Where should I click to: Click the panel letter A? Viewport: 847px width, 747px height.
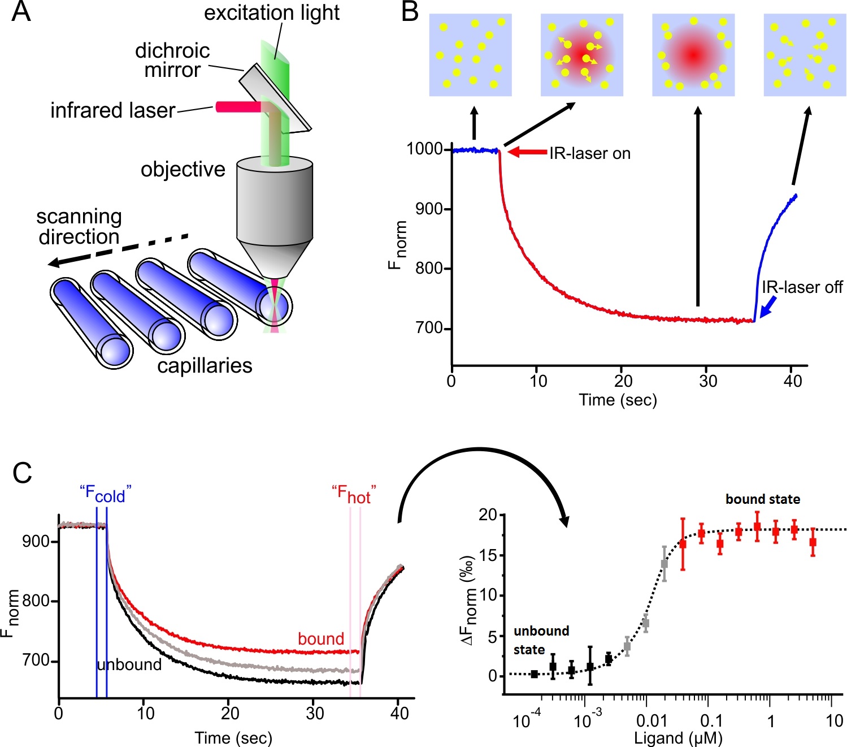(21, 12)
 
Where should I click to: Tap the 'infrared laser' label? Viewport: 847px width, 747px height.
(112, 110)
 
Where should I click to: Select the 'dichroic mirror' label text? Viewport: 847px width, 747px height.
(172, 60)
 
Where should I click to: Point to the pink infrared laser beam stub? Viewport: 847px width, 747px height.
(237, 107)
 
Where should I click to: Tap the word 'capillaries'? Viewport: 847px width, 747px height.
(205, 366)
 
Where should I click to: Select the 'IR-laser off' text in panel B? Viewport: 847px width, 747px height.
(802, 287)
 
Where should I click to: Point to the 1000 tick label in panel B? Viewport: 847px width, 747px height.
(425, 149)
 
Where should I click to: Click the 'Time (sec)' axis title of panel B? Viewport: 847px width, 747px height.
(618, 400)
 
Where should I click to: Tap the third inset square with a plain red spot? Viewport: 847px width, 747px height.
(693, 55)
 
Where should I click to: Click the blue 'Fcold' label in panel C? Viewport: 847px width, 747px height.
(105, 494)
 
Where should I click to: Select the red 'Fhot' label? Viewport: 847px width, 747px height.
(354, 494)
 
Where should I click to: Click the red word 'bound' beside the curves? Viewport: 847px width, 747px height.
(321, 639)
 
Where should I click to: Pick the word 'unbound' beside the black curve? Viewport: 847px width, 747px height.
(129, 664)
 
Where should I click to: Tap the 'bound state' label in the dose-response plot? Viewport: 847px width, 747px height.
(762, 499)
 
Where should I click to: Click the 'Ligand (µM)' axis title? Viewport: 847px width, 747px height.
(678, 738)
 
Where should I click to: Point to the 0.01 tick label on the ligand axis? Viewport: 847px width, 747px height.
(651, 721)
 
